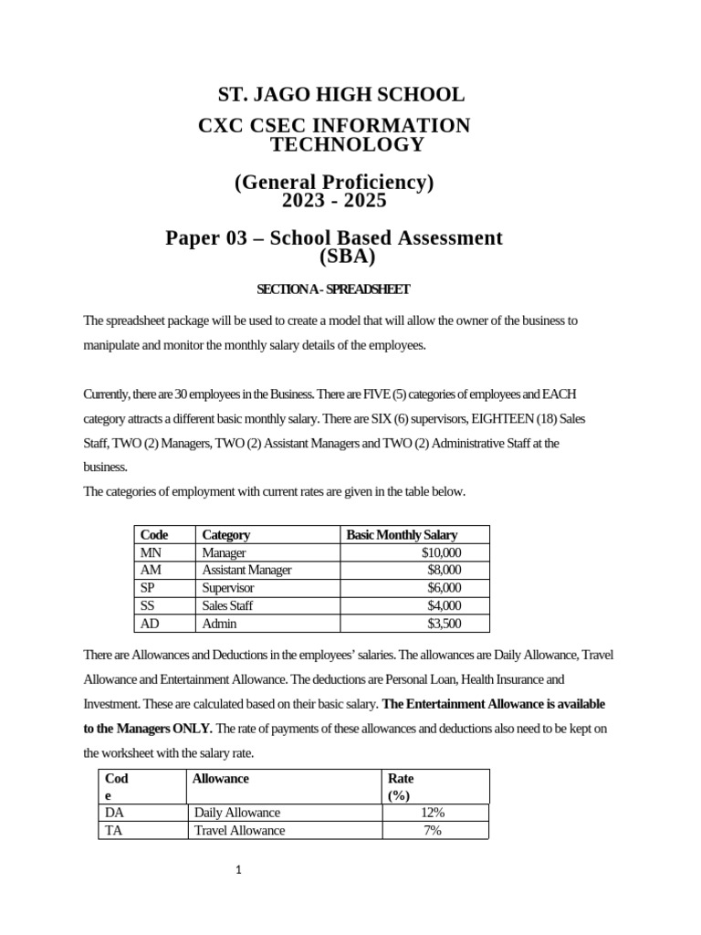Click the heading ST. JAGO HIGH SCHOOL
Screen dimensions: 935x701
tap(340, 94)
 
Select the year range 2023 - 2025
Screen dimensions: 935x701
tap(334, 201)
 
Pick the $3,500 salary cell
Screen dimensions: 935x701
tap(445, 623)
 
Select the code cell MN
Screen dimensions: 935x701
tap(151, 552)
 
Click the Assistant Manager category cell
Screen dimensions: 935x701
tap(246, 570)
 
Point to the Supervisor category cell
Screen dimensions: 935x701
tap(227, 587)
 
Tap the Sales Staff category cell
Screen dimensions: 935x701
tap(228, 605)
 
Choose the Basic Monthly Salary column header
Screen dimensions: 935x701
tap(402, 535)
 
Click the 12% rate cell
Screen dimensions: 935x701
tap(434, 813)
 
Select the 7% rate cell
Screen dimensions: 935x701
tap(434, 830)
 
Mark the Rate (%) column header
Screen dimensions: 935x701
tap(401, 786)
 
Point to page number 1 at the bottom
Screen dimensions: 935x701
tap(238, 870)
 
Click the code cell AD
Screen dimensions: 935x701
tap(151, 623)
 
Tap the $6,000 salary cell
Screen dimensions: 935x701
tap(445, 587)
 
